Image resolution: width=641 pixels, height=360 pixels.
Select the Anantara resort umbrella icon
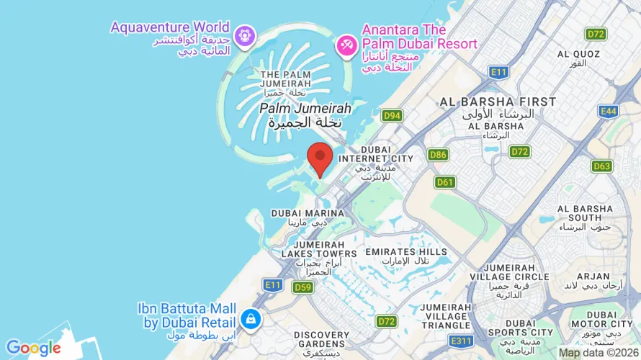tap(347, 45)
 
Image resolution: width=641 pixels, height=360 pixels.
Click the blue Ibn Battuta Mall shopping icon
tap(251, 318)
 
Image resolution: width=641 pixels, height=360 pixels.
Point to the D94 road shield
tap(392, 115)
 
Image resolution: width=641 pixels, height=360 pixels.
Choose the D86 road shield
tap(438, 154)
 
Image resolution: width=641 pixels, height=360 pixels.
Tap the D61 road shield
tap(445, 182)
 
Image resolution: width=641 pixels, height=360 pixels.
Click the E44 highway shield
tap(609, 111)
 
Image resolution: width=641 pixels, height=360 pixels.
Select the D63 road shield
tap(602, 166)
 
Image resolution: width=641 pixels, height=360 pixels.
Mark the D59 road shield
tap(302, 287)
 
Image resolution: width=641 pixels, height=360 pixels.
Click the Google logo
tap(34, 348)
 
